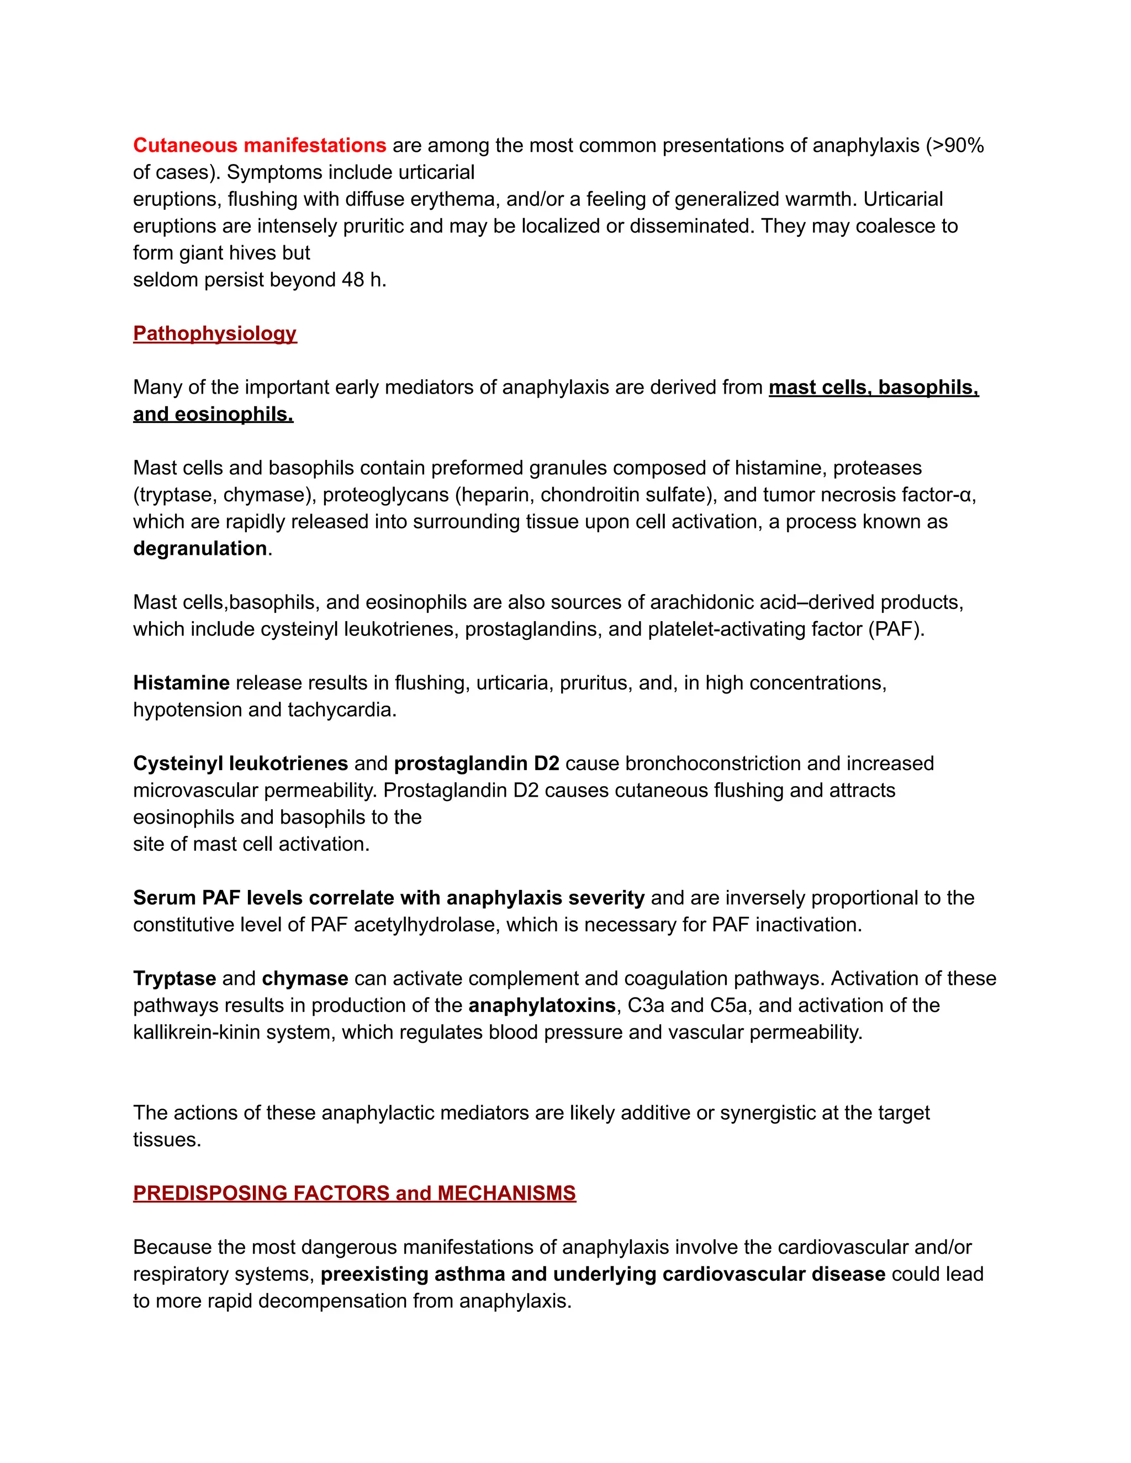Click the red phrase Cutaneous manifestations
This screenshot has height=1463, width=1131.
point(260,145)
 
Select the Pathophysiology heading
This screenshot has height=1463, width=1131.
point(214,333)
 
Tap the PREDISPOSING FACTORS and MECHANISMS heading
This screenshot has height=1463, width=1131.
point(354,1193)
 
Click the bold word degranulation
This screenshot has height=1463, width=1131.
point(200,549)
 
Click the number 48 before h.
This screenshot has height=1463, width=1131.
point(352,280)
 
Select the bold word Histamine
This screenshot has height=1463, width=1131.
point(181,682)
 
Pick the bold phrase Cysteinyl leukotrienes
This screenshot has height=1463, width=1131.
point(240,764)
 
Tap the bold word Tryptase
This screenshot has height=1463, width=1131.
point(174,979)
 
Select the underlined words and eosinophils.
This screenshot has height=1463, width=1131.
point(213,415)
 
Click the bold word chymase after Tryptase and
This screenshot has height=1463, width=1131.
point(304,979)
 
